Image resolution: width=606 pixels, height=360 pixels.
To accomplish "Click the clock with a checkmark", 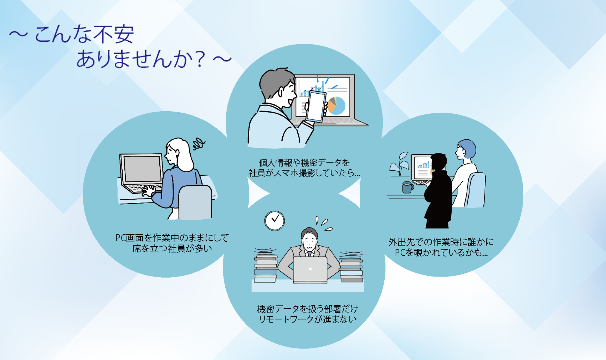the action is (274, 221).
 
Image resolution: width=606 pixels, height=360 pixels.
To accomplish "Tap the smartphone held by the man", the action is (316, 107).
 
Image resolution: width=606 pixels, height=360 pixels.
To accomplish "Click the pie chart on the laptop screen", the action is (336, 106).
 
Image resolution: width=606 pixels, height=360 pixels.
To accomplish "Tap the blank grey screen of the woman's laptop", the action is (142, 169).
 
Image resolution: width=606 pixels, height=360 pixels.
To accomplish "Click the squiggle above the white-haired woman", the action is (199, 144).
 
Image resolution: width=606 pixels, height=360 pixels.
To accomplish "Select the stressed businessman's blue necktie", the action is (309, 254).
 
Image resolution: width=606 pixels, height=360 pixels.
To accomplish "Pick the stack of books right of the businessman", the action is (351, 267).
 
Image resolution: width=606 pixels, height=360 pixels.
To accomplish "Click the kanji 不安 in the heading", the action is (116, 35).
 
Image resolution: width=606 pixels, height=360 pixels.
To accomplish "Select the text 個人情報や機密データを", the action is (304, 163).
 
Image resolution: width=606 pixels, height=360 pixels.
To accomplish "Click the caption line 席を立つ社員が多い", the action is (172, 248).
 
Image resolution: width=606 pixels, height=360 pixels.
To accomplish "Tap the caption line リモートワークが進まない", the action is (308, 319).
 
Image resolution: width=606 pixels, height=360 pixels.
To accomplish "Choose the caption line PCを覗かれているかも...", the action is (441, 252).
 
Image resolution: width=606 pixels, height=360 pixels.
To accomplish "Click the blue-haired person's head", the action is (466, 150).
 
